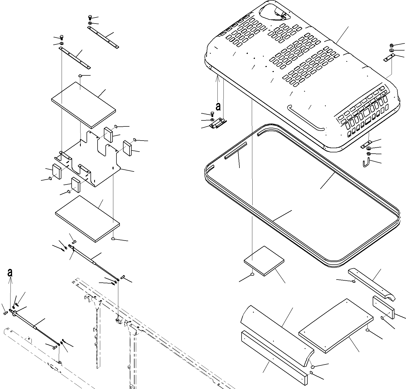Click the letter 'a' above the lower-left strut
pos(10,273)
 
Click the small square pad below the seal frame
pos(264,261)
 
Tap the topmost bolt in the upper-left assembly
pos(89,18)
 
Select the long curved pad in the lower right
pos(277,335)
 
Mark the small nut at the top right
pos(391,45)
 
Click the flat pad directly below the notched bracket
pos(88,219)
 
